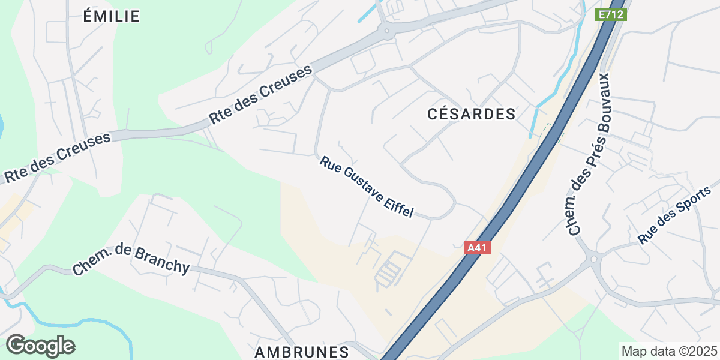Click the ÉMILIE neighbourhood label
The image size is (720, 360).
(x=112, y=16)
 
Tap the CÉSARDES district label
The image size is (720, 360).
(x=472, y=114)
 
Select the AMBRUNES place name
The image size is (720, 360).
(x=302, y=352)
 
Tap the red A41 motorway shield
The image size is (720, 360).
(x=478, y=247)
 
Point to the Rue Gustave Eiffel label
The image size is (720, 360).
(x=367, y=187)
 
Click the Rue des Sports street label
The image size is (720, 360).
(x=674, y=215)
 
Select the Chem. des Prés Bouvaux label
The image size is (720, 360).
(x=588, y=154)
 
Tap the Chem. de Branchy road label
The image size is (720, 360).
(x=131, y=260)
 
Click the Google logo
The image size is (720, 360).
(x=40, y=346)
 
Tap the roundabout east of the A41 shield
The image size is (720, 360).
(x=593, y=260)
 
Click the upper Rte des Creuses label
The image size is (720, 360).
(x=261, y=95)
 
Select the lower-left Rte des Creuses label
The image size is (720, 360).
(x=58, y=157)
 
